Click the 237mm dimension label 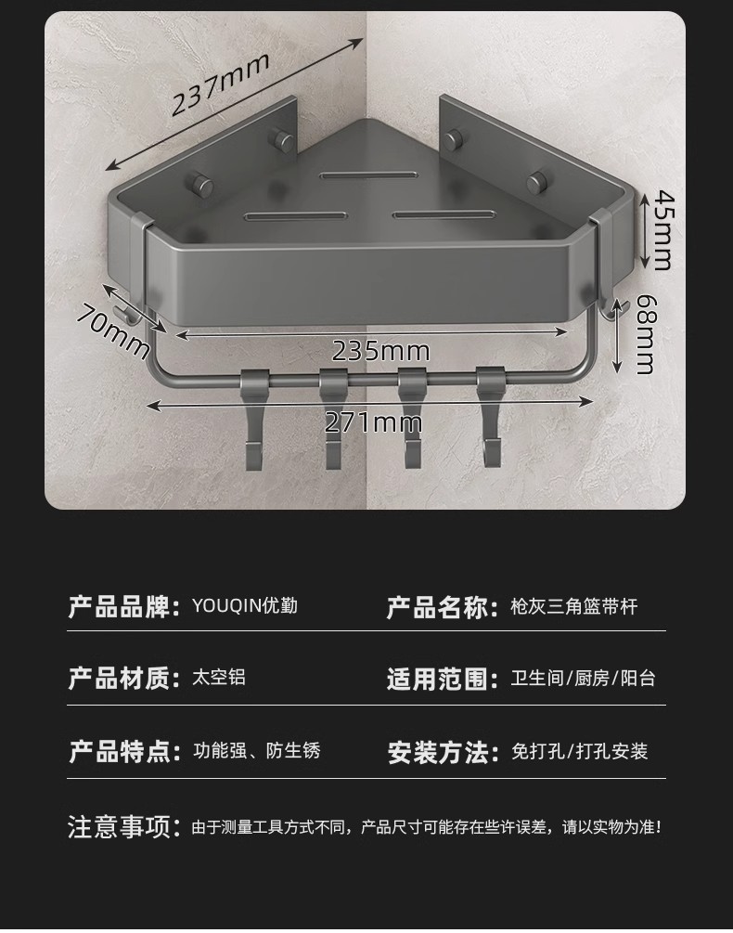click(x=221, y=84)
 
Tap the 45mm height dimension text click(x=661, y=228)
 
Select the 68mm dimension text click(x=644, y=335)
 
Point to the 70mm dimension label click(x=112, y=330)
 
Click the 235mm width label click(x=380, y=351)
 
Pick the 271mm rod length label click(x=373, y=423)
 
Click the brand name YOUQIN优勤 click(x=244, y=606)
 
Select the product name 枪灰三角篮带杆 click(x=574, y=607)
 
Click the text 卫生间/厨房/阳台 click(x=584, y=679)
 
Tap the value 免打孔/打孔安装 click(x=580, y=752)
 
